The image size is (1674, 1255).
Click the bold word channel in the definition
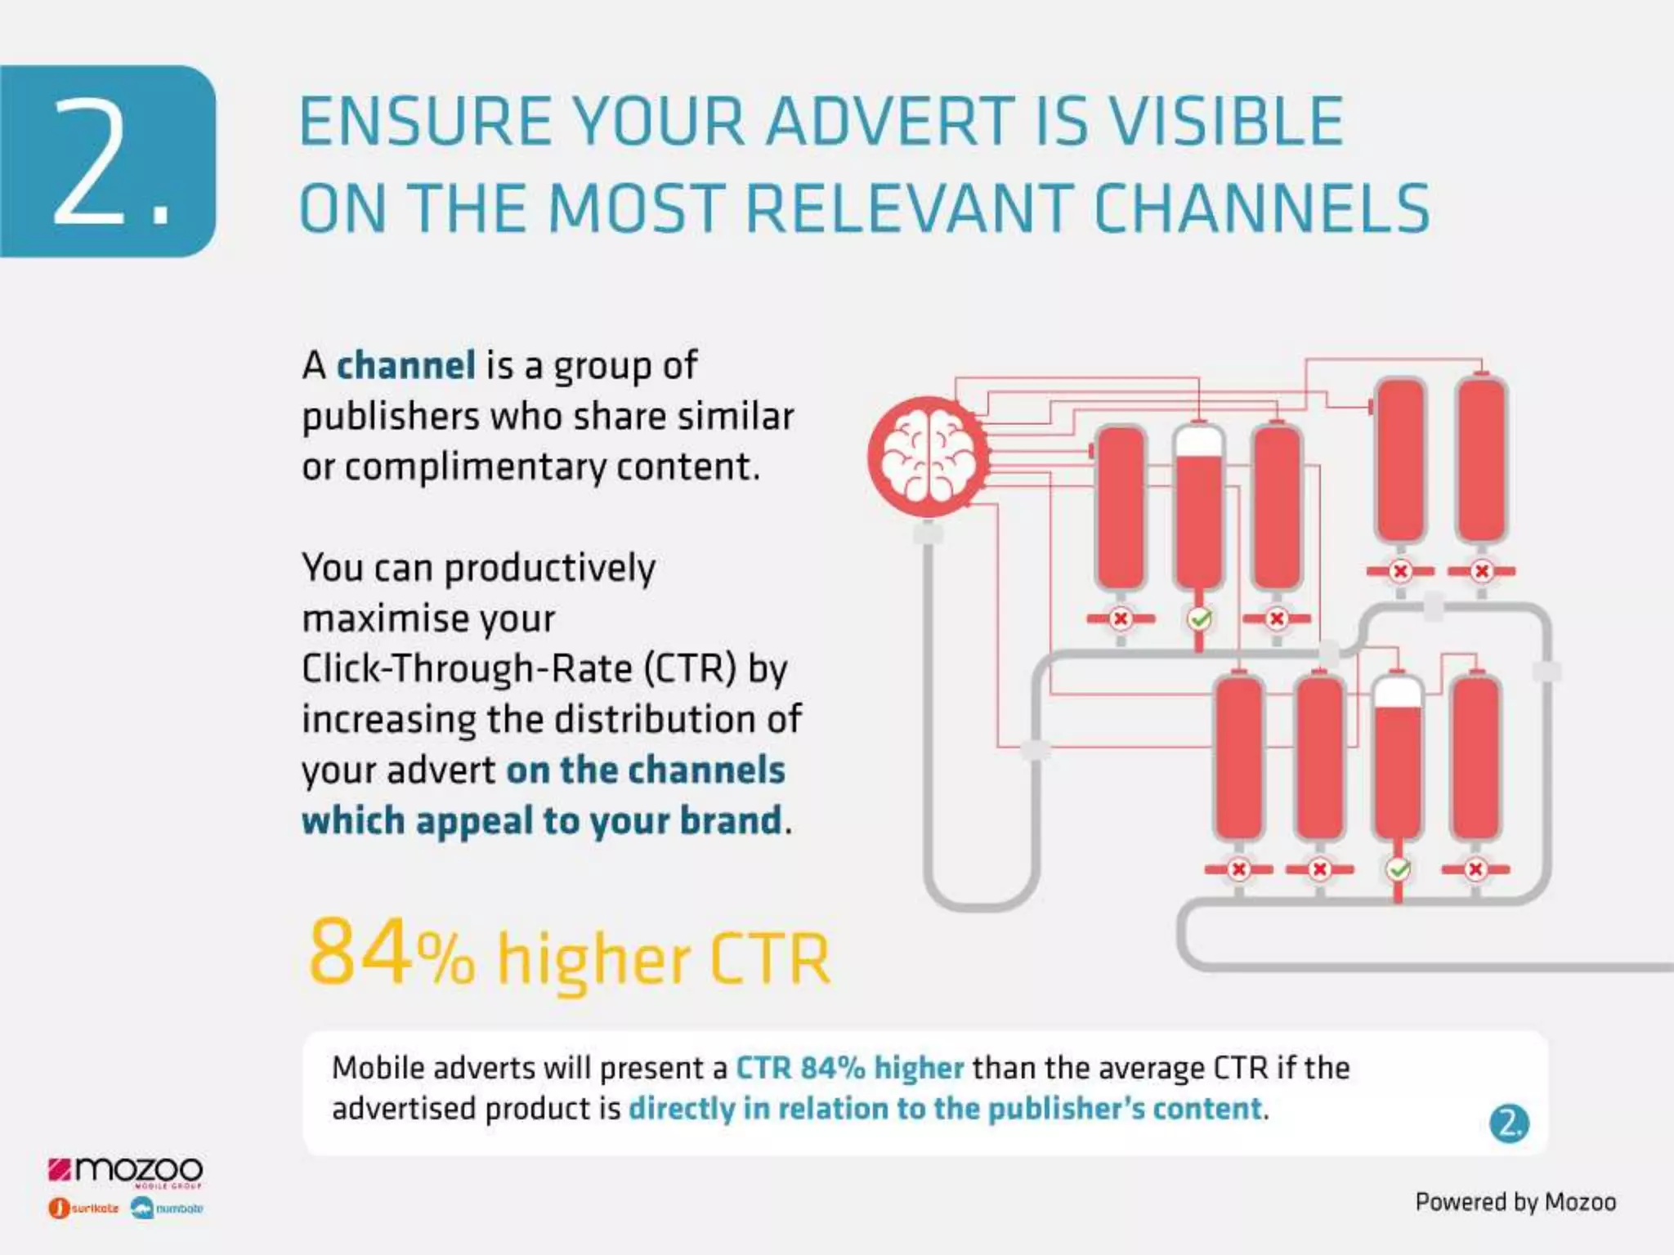pyautogui.click(x=405, y=365)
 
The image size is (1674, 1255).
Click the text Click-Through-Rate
pyautogui.click(x=467, y=669)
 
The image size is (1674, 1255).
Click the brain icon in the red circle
pyautogui.click(x=928, y=455)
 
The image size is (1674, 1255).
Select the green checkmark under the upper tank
pyautogui.click(x=1199, y=619)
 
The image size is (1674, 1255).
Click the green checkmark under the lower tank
pyautogui.click(x=1399, y=869)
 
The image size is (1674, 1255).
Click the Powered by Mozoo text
pyautogui.click(x=1515, y=1202)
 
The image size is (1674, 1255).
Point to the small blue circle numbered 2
pyautogui.click(x=1509, y=1123)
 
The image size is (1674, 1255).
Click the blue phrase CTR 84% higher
pyautogui.click(x=850, y=1068)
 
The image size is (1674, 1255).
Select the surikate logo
pyautogui.click(x=84, y=1208)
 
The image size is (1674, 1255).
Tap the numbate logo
pyautogui.click(x=168, y=1208)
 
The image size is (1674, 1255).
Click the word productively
pyautogui.click(x=549, y=569)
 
